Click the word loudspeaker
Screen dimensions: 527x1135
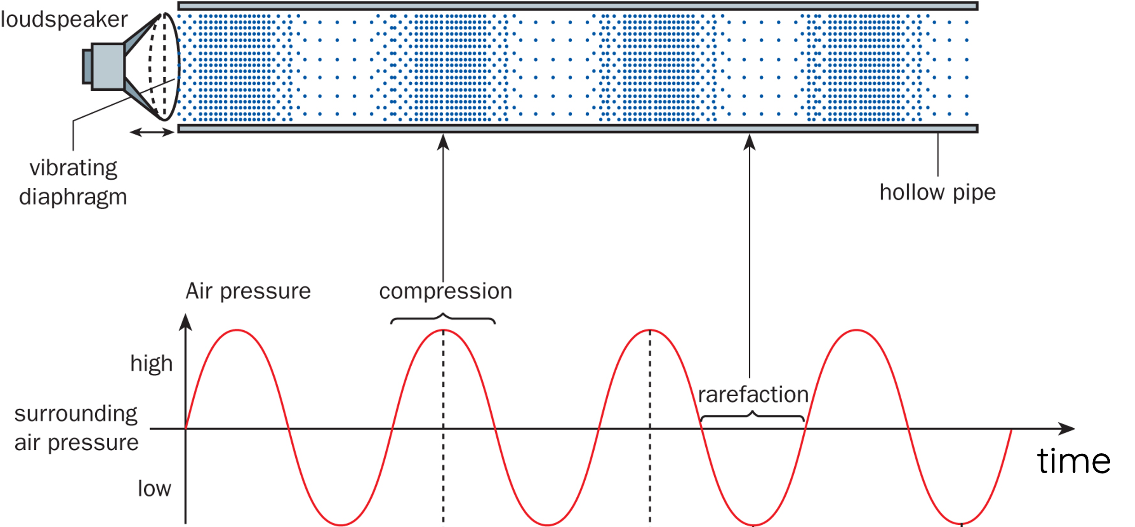(x=64, y=20)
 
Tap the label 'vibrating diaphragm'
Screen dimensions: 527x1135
(x=73, y=182)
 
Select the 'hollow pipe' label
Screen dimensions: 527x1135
(x=937, y=192)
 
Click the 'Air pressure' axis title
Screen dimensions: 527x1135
(x=248, y=291)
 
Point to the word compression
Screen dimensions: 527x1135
(x=445, y=291)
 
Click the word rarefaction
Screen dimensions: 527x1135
(x=753, y=394)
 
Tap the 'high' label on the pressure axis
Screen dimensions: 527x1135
(x=151, y=363)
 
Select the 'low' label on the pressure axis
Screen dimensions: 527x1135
(x=154, y=488)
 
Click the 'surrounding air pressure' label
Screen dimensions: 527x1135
(x=76, y=428)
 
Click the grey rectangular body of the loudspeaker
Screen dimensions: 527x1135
(x=108, y=66)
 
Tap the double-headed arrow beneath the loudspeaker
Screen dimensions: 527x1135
(x=151, y=132)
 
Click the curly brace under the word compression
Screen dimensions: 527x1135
(x=443, y=319)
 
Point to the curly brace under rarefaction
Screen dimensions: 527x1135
(x=753, y=415)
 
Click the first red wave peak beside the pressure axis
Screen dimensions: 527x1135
(x=237, y=331)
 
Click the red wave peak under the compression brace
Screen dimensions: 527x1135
(x=443, y=331)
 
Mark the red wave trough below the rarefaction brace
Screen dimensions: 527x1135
(x=754, y=524)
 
